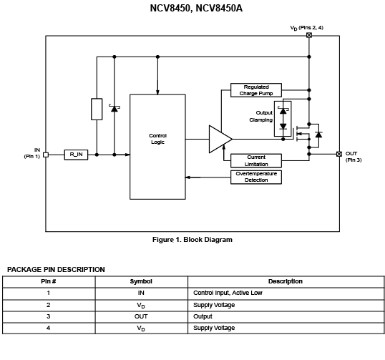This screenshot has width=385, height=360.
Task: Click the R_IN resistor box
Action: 76,155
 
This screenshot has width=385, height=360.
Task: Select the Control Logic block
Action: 157,147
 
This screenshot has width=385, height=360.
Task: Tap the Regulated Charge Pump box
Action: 256,90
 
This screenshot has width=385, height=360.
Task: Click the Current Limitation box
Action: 256,160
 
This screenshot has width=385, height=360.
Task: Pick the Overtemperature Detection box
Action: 256,177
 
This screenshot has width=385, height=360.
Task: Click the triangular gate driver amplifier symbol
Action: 220,139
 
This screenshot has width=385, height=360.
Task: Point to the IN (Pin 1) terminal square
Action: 46,155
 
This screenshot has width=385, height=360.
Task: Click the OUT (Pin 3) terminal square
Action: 339,154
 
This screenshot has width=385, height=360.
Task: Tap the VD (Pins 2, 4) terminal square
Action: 309,35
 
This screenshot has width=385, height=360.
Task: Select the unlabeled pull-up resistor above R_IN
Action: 97,110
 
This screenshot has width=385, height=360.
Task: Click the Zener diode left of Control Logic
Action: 114,108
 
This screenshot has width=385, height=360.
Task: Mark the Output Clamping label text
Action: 261,117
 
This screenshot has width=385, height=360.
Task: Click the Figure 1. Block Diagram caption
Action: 192,240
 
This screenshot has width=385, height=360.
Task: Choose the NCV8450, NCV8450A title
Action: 196,9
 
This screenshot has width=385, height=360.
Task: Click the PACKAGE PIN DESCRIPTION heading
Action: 56,270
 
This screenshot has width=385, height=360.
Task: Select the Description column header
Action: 286,281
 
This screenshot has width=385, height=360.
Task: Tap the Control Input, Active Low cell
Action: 228,293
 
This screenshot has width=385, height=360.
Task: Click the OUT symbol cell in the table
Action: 141,316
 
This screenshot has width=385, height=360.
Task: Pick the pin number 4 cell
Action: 49,328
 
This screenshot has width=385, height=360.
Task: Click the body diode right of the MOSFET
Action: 318,135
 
